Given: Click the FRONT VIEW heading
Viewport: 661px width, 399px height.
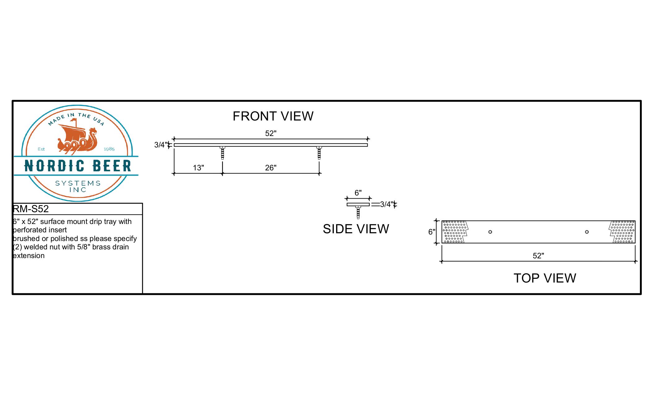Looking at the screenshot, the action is pos(273,116).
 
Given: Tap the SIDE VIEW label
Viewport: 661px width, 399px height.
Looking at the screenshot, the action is pos(356,229).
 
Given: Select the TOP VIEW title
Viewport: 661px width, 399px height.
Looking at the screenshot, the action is pos(545,278).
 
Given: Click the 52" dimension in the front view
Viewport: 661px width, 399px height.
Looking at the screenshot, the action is pos(271,133).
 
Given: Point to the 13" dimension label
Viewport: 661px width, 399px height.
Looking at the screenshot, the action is pos(198,168).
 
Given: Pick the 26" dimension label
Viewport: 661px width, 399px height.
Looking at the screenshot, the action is pos(271,168).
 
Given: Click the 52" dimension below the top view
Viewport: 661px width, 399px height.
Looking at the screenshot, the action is pos(538,256).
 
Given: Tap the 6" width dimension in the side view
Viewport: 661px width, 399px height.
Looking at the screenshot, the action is pos(358,193).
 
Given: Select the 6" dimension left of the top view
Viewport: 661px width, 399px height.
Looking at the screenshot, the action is pos(432,232).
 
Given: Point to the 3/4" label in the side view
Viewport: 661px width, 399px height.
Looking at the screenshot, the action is pos(387,204).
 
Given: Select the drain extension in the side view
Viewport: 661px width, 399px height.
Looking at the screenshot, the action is pos(358,212).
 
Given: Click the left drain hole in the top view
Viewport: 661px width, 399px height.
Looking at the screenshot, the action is pos(490,232).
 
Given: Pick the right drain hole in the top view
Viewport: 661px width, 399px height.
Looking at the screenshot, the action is pos(587,232).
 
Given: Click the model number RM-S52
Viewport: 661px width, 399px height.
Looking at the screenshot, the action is pos(31,209).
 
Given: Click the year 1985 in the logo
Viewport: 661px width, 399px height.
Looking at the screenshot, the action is pos(109,149).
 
